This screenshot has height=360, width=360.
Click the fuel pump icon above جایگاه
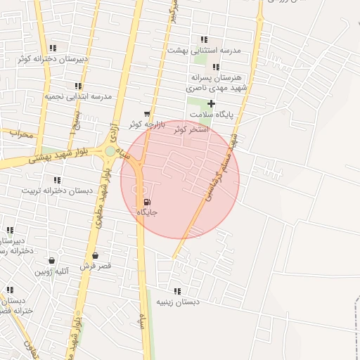point(146,202)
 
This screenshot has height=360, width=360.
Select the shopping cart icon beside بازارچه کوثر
point(146,114)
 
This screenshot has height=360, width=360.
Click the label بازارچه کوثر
point(146,124)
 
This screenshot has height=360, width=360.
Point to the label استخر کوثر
point(190,129)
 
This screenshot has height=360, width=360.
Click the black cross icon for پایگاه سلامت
point(211,103)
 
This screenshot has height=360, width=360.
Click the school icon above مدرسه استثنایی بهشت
point(204,40)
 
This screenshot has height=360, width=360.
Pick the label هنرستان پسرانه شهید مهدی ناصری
point(214,83)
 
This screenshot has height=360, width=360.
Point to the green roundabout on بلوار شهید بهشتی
point(110,150)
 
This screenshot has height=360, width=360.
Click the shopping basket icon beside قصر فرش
point(95,256)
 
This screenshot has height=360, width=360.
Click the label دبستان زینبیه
point(177,301)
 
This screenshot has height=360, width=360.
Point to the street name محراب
point(21,134)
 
